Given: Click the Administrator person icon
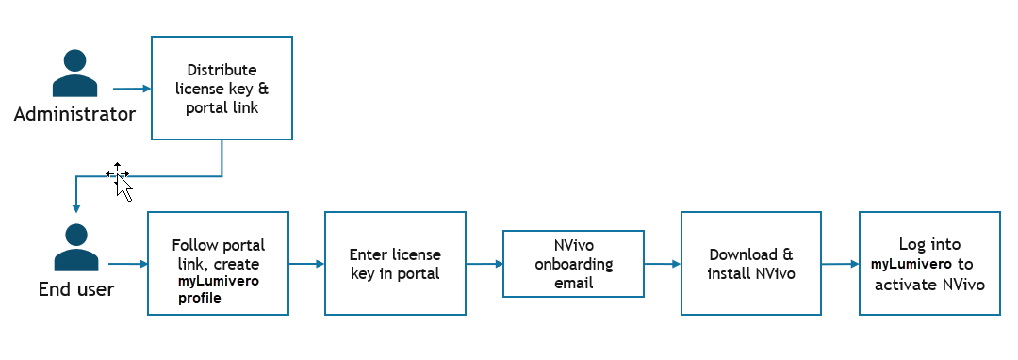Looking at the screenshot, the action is [x=74, y=74].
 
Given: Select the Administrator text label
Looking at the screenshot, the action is [x=74, y=115].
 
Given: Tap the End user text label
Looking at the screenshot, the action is [x=76, y=289].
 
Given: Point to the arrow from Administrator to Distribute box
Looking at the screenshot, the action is [x=132, y=89].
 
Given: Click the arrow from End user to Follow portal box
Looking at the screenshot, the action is [x=128, y=264].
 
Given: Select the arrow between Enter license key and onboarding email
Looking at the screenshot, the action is [x=484, y=264].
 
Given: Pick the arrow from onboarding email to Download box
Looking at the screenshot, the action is [x=663, y=264].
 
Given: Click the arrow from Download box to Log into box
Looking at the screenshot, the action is [x=840, y=264].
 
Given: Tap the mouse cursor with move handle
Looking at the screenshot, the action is [x=120, y=181].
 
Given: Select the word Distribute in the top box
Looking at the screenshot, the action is [x=222, y=70].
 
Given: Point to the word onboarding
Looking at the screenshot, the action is [x=574, y=265].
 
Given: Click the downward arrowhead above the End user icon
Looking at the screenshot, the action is [x=76, y=209].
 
